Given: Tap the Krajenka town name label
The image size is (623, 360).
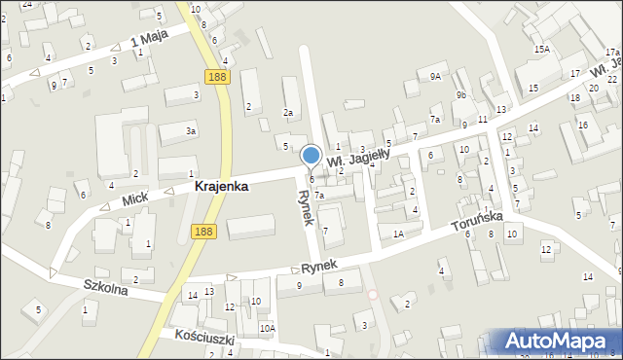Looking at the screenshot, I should pos(221,186).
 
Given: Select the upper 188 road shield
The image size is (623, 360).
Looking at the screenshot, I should pos(217,75).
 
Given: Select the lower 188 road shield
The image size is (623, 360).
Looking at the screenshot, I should pos(202,231).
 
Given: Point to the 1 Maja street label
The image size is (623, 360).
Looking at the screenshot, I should pos(150,39).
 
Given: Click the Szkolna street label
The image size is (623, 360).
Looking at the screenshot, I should pos(106,287).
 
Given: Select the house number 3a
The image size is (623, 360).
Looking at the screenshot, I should pos(192,130).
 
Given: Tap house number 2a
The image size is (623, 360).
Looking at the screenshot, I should pos(288,113).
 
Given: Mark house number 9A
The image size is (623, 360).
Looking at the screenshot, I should pos(435,76).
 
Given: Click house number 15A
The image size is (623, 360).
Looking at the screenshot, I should pos(541,49).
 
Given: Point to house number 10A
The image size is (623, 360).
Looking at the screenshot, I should pos(266,328).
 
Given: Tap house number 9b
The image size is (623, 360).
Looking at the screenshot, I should pos(462,95).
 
